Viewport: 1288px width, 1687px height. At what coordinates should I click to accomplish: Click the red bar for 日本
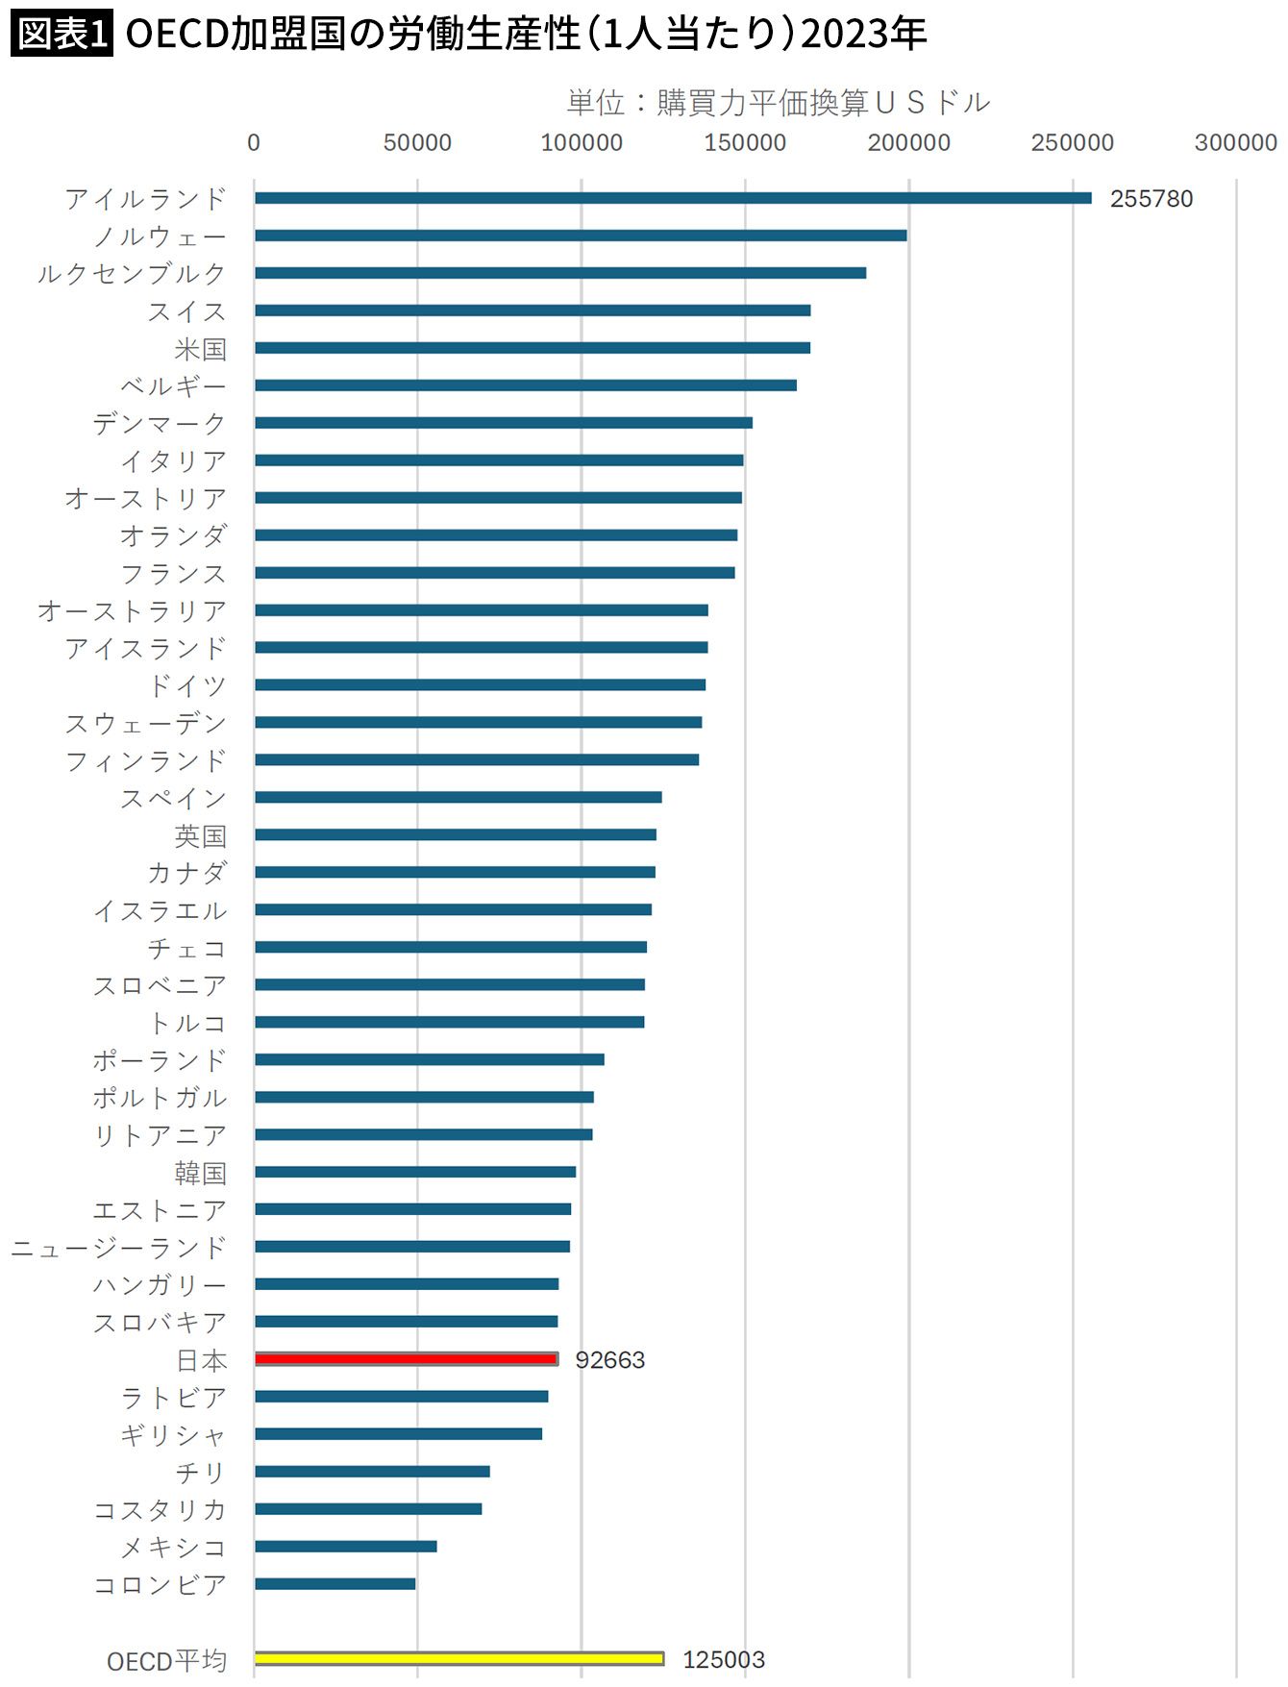[406, 1359]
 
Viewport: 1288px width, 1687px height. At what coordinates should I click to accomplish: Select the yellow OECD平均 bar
[458, 1658]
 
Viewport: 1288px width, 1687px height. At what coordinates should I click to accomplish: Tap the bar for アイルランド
[673, 198]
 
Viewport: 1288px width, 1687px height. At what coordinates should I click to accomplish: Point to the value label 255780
[1151, 199]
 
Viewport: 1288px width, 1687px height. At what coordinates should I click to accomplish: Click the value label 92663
[609, 1360]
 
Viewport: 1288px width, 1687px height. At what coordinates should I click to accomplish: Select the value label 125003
[723, 1660]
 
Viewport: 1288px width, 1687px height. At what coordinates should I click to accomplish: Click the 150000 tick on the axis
[745, 143]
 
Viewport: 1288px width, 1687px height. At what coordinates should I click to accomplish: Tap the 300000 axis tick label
[1235, 143]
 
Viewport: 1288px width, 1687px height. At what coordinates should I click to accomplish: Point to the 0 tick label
[254, 143]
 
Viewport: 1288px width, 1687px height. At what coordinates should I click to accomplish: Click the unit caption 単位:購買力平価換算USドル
[778, 103]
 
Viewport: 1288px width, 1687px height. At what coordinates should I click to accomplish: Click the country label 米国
[200, 349]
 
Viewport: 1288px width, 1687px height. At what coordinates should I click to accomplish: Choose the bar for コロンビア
[334, 1583]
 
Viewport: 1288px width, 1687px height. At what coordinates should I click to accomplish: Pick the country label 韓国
[200, 1173]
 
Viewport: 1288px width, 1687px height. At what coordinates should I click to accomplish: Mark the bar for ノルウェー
[581, 236]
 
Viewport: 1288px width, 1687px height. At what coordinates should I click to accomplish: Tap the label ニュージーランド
[118, 1248]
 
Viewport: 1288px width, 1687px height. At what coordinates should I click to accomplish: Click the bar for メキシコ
[345, 1546]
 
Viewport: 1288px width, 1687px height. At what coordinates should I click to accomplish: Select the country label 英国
[200, 835]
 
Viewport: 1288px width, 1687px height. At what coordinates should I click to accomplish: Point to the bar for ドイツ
[480, 684]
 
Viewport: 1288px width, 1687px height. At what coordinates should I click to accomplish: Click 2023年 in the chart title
[863, 35]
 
